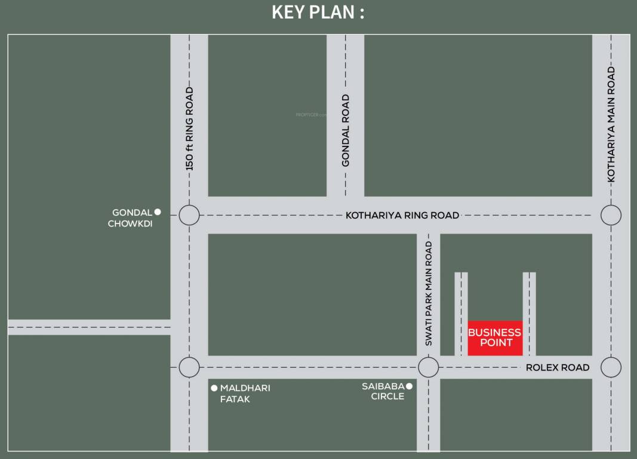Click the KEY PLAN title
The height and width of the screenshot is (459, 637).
[318, 12]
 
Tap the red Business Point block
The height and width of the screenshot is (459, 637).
[495, 338]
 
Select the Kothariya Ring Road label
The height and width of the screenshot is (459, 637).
[402, 215]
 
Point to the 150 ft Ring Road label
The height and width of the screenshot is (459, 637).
[190, 128]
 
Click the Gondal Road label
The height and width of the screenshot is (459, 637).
[346, 130]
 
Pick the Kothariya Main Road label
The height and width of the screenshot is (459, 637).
[611, 124]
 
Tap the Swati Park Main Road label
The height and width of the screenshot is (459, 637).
[429, 293]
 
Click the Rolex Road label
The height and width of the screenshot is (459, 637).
[558, 368]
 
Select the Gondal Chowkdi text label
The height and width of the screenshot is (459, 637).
[131, 218]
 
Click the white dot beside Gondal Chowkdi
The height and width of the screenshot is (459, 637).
[158, 212]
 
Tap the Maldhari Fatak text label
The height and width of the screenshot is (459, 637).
[245, 393]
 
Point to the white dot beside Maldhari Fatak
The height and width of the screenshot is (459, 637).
[214, 388]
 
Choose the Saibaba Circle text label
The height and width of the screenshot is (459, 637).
[383, 391]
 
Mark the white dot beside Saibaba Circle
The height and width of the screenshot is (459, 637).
[409, 386]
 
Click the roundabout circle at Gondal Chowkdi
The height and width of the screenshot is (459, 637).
[189, 215]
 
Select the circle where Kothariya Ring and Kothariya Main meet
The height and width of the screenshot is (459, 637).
[611, 215]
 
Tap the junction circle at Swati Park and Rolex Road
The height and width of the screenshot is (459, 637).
[428, 367]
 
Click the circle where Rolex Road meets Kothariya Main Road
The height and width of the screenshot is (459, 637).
[611, 367]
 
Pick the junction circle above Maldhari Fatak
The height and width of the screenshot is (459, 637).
[189, 367]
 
